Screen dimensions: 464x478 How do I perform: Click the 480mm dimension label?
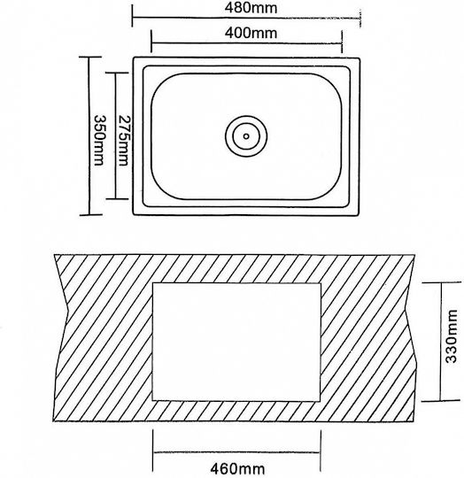tap(251, 8)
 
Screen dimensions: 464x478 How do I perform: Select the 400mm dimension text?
tap(251, 33)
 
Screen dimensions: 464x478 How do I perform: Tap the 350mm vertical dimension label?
tap(98, 140)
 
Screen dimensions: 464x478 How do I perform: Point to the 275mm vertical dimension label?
tap(123, 140)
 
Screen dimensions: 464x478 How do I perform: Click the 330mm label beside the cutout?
tap(452, 336)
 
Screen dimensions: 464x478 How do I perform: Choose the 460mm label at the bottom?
tap(238, 468)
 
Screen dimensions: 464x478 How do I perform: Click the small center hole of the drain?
tap(246, 136)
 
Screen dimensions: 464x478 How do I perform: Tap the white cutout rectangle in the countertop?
tap(236, 342)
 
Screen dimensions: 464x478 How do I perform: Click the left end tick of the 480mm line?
tap(132, 16)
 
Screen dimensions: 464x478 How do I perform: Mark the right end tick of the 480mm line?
tap(360, 19)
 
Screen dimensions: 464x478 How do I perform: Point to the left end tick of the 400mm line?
tap(151, 42)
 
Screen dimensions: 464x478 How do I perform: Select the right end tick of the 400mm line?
tap(342, 42)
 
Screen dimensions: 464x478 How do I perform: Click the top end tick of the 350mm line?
tap(90, 57)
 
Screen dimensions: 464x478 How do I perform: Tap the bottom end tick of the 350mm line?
tap(90, 214)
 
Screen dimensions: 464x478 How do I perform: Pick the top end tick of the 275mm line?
tap(116, 73)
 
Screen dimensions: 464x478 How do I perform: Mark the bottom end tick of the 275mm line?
tap(116, 199)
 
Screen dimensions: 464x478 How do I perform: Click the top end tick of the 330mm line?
tap(441, 282)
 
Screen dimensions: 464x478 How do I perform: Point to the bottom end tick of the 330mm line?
tap(440, 401)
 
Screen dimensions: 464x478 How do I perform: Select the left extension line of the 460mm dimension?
tap(152, 451)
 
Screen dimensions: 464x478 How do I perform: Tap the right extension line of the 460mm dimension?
tap(321, 451)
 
